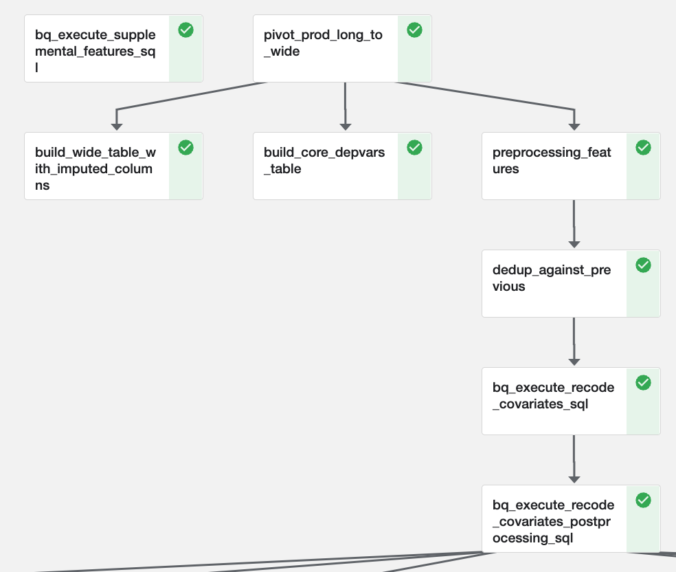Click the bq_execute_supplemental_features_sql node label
pyautogui.click(x=95, y=51)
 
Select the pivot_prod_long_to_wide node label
pyautogui.click(x=323, y=43)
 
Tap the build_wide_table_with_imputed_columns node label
pyautogui.click(x=95, y=168)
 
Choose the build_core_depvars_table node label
pyautogui.click(x=324, y=160)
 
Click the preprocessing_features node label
pyautogui.click(x=552, y=160)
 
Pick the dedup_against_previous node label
pyautogui.click(x=552, y=278)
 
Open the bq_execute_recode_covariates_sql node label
pyautogui.click(x=553, y=395)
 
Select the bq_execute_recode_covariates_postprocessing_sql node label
pyautogui.click(x=553, y=521)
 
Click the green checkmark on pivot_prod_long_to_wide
pyautogui.click(x=414, y=30)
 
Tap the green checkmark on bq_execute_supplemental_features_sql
pyautogui.click(x=185, y=30)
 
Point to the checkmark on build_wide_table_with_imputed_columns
pyautogui.click(x=185, y=147)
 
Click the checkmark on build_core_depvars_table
pyautogui.click(x=414, y=147)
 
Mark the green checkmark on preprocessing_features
pyautogui.click(x=643, y=147)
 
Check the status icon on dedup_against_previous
pyautogui.click(x=643, y=265)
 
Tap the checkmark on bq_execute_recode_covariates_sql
pyautogui.click(x=643, y=382)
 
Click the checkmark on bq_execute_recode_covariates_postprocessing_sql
pyautogui.click(x=643, y=500)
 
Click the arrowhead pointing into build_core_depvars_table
pyautogui.click(x=346, y=126)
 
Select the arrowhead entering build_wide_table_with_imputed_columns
pyautogui.click(x=117, y=126)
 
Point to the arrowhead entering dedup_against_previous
pyautogui.click(x=574, y=244)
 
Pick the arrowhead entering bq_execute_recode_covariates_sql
pyautogui.click(x=574, y=362)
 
